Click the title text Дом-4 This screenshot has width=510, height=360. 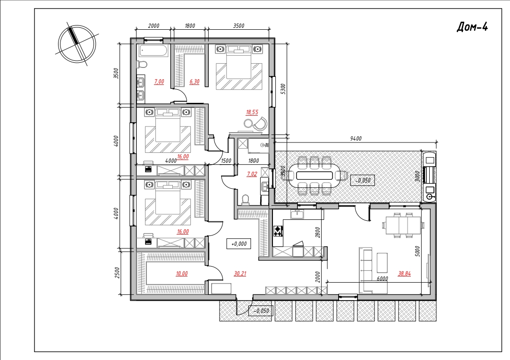tap(472, 26)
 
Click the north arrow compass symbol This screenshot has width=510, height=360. tap(77, 44)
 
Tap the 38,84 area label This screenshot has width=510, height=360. tap(404, 274)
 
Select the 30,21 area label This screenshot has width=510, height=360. tap(240, 274)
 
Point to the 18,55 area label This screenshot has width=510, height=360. tap(252, 112)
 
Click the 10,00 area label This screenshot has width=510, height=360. tap(181, 274)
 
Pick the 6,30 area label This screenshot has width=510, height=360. tap(195, 82)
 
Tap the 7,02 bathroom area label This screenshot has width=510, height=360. tap(252, 174)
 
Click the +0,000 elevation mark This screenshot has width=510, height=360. tap(239, 243)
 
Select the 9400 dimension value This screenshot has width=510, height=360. tap(356, 139)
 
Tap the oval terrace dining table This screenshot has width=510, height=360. tap(314, 176)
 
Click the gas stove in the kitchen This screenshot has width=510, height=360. tap(278, 231)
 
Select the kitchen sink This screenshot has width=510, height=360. tap(297, 214)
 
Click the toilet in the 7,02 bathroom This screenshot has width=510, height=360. tap(245, 199)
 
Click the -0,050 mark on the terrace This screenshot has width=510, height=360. tap(363, 180)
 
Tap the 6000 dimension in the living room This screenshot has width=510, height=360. tap(382, 279)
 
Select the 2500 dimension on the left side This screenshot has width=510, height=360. tap(118, 273)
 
